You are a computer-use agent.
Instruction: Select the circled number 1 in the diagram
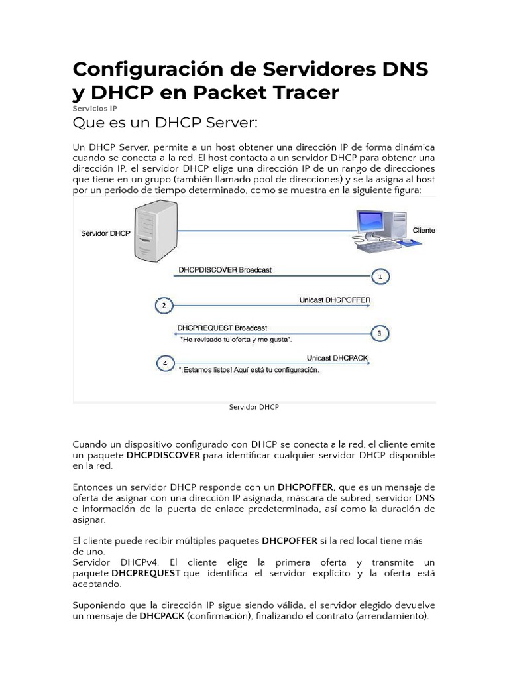tap(380, 277)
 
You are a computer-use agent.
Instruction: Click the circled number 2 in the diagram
tap(164, 306)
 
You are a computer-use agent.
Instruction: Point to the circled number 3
tap(379, 334)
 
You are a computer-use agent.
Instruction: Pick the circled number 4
tap(164, 363)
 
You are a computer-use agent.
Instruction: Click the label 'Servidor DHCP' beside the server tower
tap(105, 234)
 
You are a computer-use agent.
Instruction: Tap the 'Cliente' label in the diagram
tap(424, 230)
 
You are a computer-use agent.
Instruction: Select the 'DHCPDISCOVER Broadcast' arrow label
tap(225, 270)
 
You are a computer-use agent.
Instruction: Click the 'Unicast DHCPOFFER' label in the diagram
tap(335, 300)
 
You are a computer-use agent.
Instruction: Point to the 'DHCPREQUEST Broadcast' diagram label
tap(222, 328)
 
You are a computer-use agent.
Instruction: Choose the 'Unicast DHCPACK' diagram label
tap(337, 358)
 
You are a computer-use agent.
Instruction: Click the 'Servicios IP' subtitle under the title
tap(95, 107)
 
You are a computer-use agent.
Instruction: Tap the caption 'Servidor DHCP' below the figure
tap(254, 407)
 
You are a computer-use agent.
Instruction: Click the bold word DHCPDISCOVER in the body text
tap(163, 455)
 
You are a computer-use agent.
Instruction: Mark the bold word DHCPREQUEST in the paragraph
tap(146, 572)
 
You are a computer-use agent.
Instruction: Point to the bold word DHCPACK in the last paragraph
tap(162, 616)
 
